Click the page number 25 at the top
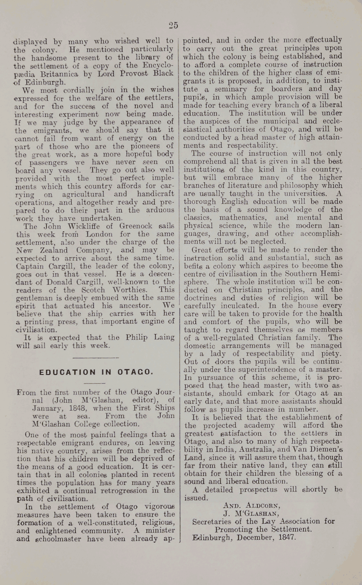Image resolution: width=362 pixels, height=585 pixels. click(x=174, y=25)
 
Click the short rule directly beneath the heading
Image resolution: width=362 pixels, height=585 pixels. click(x=95, y=384)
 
